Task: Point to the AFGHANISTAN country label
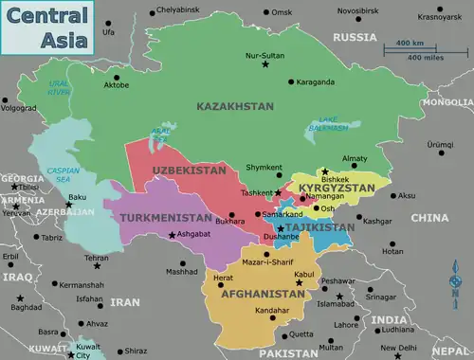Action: coord(263,294)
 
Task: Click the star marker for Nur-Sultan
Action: coord(265,66)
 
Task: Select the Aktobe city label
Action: coord(116,85)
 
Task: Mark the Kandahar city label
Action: coord(273,310)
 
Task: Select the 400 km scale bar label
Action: coord(410,44)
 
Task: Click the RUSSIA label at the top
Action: coord(355,37)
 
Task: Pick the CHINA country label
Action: coord(429,218)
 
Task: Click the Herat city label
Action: coord(223,278)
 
